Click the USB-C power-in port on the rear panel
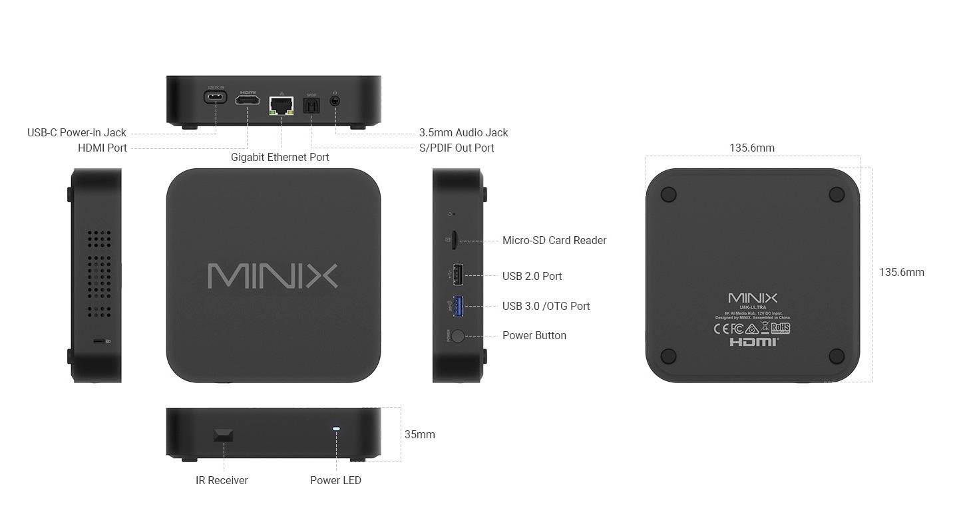coord(216,97)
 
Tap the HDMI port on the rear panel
coord(247,100)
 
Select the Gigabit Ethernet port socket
coord(282,104)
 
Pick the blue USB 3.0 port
coord(458,305)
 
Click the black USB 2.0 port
coord(458,274)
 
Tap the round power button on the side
coord(458,335)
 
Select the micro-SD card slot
coord(453,240)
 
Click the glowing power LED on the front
coord(336,429)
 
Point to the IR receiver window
coord(223,435)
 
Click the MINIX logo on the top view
coord(273,275)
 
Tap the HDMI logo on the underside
coord(753,342)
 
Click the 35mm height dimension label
coord(419,434)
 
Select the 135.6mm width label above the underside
coord(752,148)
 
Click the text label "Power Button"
coord(534,335)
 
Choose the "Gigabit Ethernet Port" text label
coord(280,157)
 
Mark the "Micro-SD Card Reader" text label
coord(554,240)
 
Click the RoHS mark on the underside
coord(780,329)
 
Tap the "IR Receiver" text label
coord(222,480)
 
